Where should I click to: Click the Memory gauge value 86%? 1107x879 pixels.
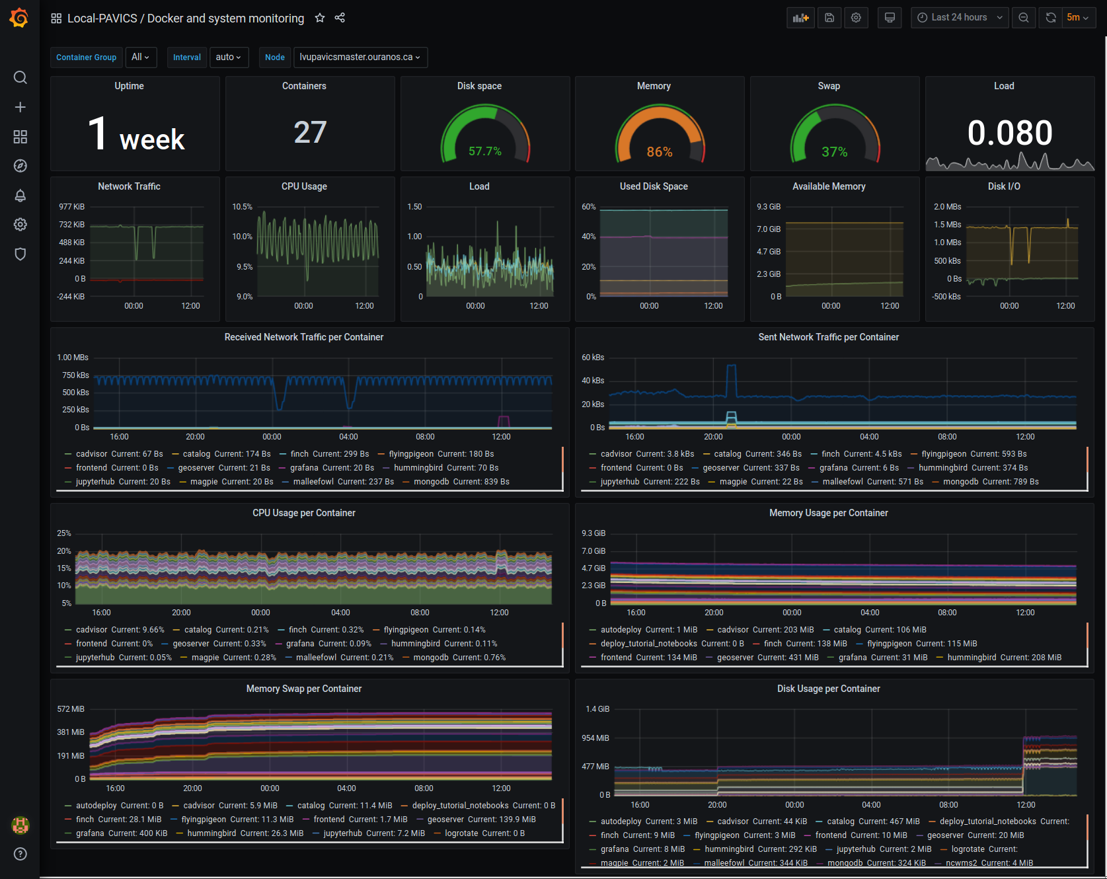coord(659,152)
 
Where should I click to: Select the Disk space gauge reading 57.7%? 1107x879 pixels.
coord(484,151)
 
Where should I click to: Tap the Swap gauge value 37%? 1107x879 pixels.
coord(834,152)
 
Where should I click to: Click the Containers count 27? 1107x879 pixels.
coord(310,132)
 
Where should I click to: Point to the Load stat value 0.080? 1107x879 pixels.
coord(1009,133)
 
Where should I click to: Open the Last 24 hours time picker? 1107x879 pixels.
coord(959,18)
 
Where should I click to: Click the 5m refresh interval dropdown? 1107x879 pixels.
coord(1077,18)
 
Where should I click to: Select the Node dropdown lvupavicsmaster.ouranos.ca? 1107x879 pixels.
coord(360,57)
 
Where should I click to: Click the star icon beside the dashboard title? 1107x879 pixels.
coord(320,18)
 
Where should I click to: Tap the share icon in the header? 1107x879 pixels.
coord(340,18)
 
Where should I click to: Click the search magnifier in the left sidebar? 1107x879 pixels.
coord(20,77)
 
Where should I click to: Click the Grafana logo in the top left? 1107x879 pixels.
coord(19,18)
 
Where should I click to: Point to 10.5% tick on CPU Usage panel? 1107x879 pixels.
coord(242,207)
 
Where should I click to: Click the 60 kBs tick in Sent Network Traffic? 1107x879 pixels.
coord(593,358)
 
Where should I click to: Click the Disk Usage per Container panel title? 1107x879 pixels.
coord(828,689)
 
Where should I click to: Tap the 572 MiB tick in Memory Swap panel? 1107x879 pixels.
coord(71,709)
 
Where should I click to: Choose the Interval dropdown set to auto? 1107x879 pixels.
coord(228,57)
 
